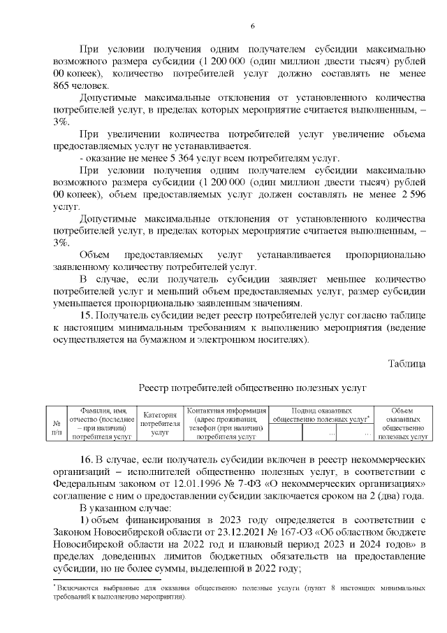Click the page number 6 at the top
tap(223, 26)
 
